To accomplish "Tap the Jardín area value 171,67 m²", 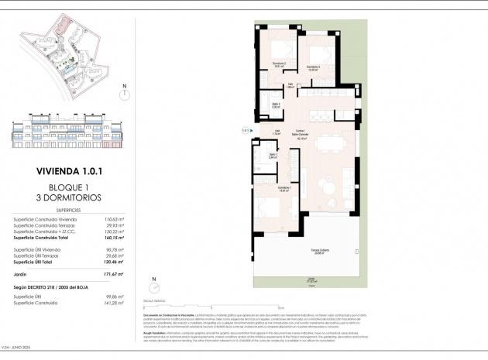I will (103, 275).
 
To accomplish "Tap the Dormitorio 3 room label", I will (314, 69).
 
